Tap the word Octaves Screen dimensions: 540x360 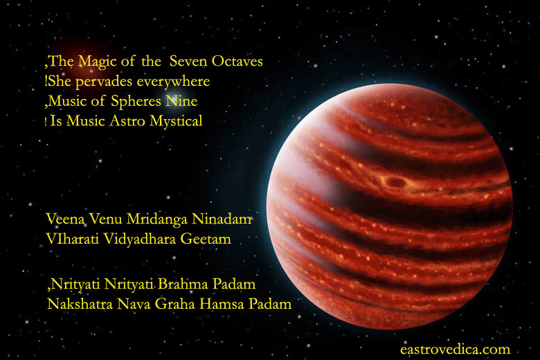point(237,61)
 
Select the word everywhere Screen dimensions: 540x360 point(173,82)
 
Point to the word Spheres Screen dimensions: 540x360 point(136,102)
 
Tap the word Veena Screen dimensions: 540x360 point(66,219)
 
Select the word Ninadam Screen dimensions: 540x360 point(222,219)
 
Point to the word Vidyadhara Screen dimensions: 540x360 point(140,240)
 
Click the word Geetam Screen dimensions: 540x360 point(206,239)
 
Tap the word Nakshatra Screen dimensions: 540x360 point(80,304)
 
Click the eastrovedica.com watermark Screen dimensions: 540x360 point(455,350)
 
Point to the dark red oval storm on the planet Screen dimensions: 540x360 point(395,181)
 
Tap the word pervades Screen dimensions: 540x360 point(104,82)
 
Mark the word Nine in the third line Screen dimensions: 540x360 point(181,101)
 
